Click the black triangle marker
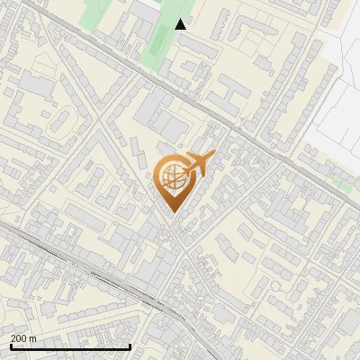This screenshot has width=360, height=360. [181, 24]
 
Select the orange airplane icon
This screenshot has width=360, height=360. [198, 164]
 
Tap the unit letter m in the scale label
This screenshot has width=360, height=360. [33, 338]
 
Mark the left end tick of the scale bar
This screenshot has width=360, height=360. [11, 346]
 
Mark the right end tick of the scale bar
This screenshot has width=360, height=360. [130, 346]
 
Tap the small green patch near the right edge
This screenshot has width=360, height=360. [340, 184]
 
